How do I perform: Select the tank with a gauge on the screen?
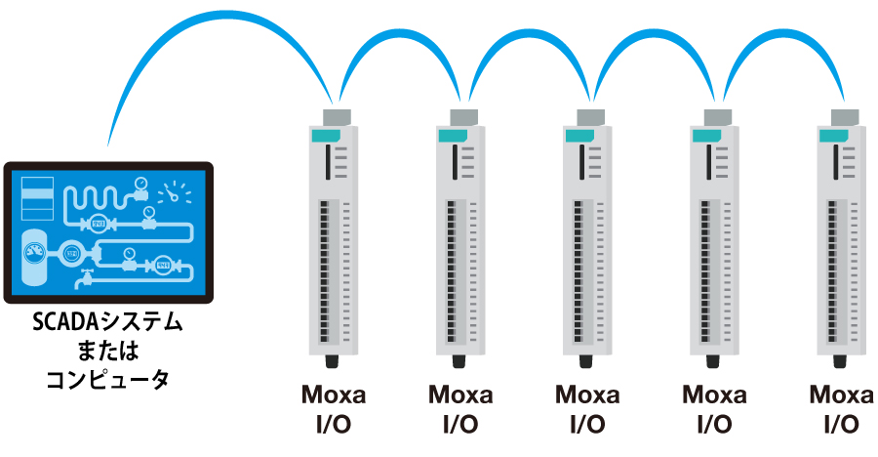click(x=36, y=255)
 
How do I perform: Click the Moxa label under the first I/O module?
click(x=334, y=395)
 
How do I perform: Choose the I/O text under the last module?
click(x=842, y=425)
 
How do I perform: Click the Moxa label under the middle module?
click(x=587, y=395)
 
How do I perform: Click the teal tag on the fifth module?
click(x=834, y=135)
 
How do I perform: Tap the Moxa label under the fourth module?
click(x=714, y=395)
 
